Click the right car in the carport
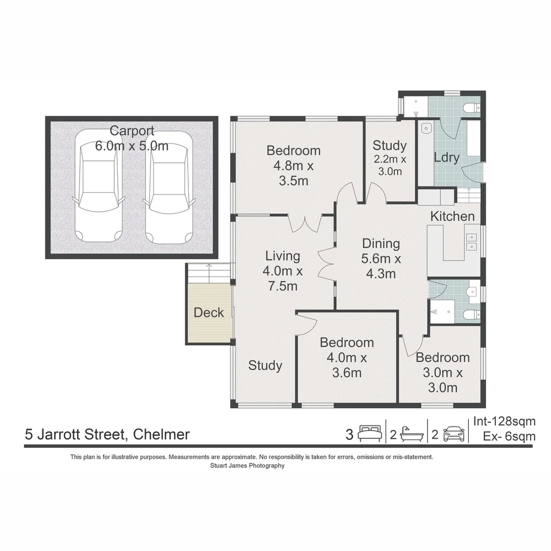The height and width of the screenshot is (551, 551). pyautogui.click(x=168, y=188)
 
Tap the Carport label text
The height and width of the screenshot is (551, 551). pyautogui.click(x=132, y=131)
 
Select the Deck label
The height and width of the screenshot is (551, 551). pyautogui.click(x=209, y=313)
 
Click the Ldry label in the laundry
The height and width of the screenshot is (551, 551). pyautogui.click(x=446, y=158)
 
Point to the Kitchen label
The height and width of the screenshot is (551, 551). pyautogui.click(x=452, y=216)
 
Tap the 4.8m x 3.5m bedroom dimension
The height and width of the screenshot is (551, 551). pyautogui.click(x=293, y=173)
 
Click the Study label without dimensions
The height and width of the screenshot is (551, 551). pyautogui.click(x=265, y=365)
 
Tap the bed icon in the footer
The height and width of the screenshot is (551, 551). pyautogui.click(x=369, y=434)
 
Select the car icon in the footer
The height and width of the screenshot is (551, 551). pyautogui.click(x=454, y=434)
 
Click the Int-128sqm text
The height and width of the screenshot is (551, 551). pyautogui.click(x=504, y=421)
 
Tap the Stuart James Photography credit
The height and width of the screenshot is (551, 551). pyautogui.click(x=247, y=465)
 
